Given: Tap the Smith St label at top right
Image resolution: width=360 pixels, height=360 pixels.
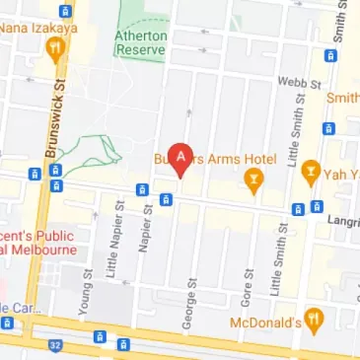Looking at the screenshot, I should point(341,31).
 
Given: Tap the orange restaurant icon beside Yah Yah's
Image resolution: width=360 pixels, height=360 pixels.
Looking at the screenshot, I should point(311,172).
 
